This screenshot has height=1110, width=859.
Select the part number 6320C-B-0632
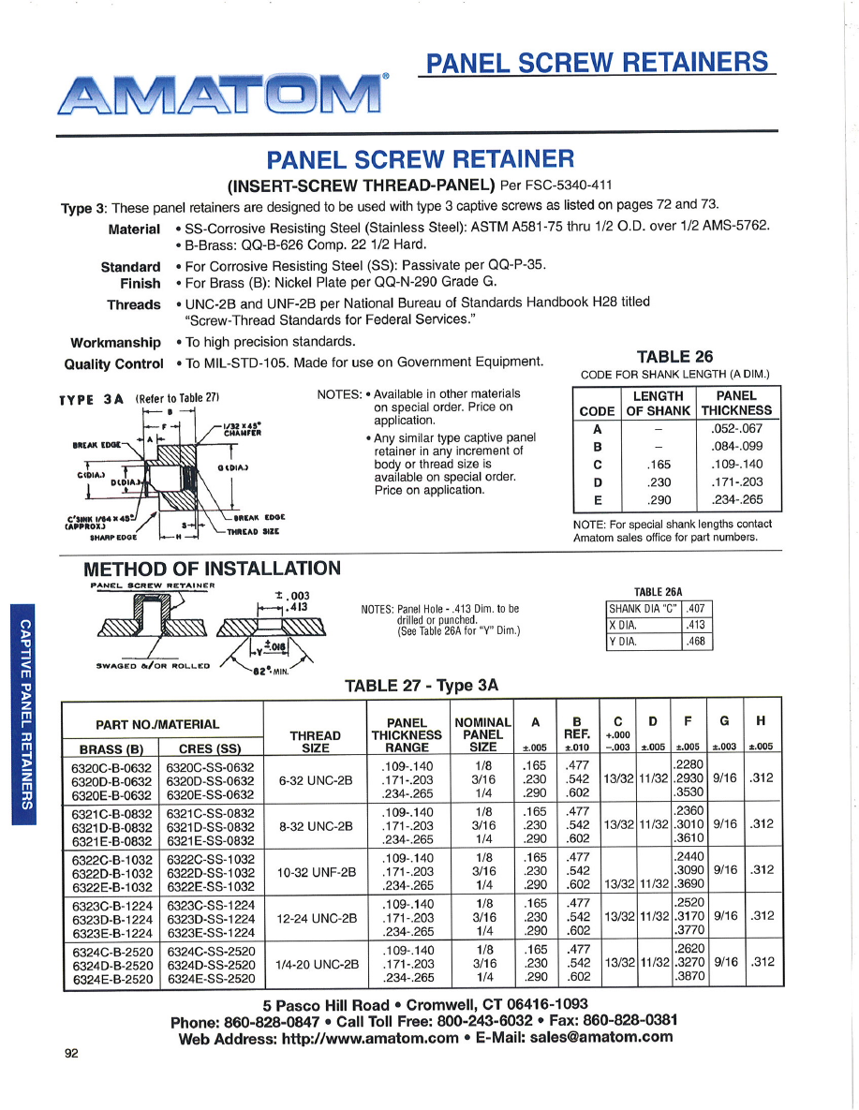(111, 766)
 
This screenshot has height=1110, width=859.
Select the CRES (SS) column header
(211, 748)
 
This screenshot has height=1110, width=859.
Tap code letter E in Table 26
(597, 500)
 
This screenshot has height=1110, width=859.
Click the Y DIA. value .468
(695, 642)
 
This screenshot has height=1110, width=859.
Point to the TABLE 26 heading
(674, 356)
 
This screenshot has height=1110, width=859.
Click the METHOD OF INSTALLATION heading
(212, 569)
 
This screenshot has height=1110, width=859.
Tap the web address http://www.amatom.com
(370, 1037)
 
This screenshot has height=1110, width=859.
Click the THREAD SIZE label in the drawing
(254, 531)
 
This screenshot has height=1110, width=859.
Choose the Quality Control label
(113, 363)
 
